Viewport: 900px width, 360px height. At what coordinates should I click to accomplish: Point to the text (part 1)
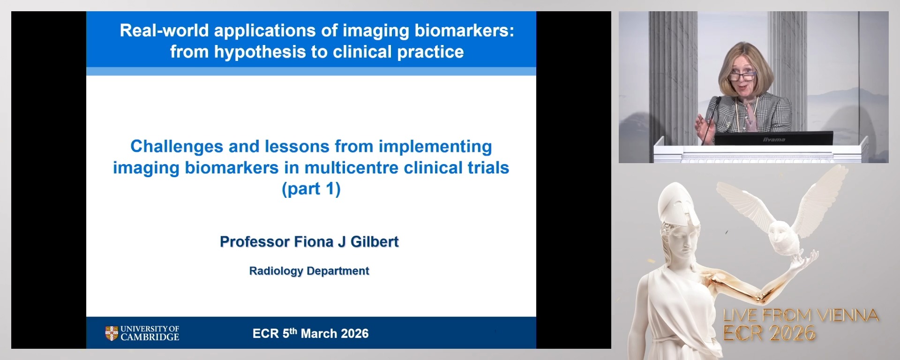tap(311, 189)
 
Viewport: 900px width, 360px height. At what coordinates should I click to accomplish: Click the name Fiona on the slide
tap(314, 242)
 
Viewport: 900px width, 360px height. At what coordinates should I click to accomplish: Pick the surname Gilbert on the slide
tap(375, 242)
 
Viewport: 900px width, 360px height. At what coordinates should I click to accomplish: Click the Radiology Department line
tap(309, 271)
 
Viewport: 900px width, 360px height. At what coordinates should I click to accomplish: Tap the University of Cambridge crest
tap(111, 333)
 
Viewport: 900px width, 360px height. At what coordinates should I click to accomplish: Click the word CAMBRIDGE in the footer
tap(150, 337)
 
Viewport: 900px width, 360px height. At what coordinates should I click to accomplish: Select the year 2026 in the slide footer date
tap(354, 334)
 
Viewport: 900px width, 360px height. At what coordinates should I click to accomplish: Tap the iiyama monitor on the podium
tap(773, 139)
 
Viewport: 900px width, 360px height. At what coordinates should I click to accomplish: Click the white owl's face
tap(779, 233)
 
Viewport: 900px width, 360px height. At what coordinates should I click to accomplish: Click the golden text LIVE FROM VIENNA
tap(801, 315)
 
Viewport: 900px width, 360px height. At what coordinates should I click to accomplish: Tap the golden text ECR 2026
tap(769, 333)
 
